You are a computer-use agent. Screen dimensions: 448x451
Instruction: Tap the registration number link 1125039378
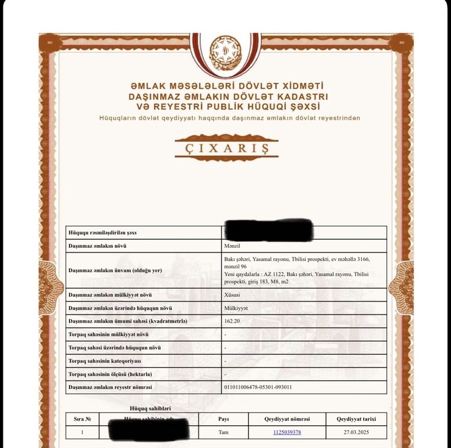point(286,432)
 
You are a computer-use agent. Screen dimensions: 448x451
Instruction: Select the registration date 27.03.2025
point(356,432)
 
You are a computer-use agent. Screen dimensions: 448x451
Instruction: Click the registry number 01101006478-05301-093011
point(258,387)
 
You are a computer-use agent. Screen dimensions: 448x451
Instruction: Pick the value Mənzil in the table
point(233,246)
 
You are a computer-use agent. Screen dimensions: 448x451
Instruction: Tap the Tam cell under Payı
point(223,432)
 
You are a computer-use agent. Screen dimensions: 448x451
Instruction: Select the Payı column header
point(223,419)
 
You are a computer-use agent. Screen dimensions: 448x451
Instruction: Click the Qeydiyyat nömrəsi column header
point(286,419)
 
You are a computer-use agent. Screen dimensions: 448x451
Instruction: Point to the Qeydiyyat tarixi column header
point(356,419)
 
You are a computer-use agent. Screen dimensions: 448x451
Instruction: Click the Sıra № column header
point(82,419)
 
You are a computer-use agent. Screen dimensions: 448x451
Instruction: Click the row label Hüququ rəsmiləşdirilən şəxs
point(107,233)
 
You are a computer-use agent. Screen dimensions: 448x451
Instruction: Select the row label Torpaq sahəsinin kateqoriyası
point(105,361)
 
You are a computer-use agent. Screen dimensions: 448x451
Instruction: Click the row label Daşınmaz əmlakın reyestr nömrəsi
point(110,387)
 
